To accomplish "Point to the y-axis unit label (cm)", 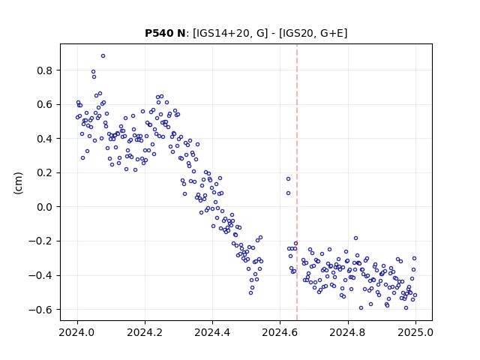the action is [x=18, y=183].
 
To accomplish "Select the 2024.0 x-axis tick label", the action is [x=77, y=332].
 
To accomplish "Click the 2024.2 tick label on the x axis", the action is [x=145, y=332].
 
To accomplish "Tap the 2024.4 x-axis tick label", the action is [x=212, y=332].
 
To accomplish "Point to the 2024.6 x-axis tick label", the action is [x=280, y=332].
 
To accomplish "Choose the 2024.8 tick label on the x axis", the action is [x=348, y=332].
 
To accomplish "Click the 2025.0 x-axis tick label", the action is [x=415, y=332].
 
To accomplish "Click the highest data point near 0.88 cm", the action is [x=103, y=56].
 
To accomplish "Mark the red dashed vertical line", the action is [x=297, y=182].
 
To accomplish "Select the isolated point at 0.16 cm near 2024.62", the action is [x=288, y=178].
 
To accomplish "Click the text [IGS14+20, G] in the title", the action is [x=230, y=33].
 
